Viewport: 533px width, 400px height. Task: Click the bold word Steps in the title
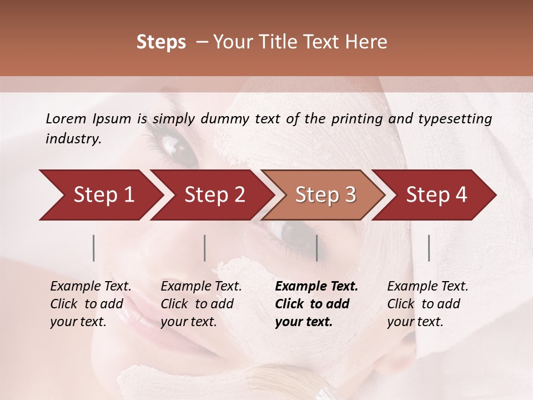click(161, 42)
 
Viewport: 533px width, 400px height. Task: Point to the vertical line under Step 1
click(94, 248)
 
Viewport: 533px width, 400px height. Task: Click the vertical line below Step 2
click(205, 248)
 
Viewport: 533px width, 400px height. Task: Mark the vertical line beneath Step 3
click(316, 248)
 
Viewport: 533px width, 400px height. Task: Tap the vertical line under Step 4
click(429, 248)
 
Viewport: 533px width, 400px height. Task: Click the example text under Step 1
click(91, 304)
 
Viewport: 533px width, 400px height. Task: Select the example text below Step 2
click(201, 304)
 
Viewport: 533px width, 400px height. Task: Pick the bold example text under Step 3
click(316, 304)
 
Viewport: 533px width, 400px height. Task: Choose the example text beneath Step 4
click(428, 304)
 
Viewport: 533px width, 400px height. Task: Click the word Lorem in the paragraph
click(66, 118)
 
